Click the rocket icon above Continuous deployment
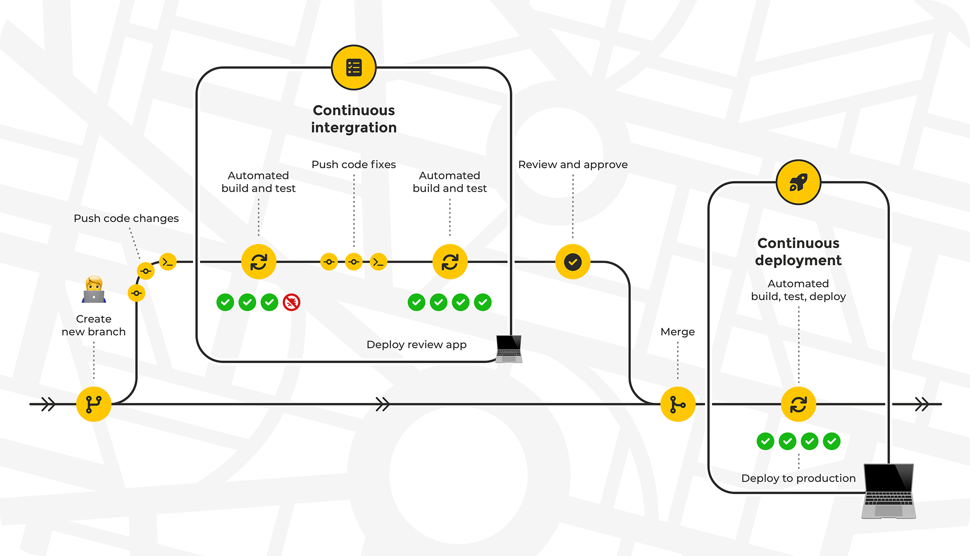(798, 182)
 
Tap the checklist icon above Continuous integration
(354, 68)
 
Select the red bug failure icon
(292, 302)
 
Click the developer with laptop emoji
(94, 290)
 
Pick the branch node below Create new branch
(94, 404)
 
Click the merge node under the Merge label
(678, 404)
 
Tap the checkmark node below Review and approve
(572, 262)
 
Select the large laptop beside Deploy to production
(888, 491)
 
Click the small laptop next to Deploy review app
(509, 349)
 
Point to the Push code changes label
(126, 218)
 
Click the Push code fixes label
(353, 165)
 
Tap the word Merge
(678, 332)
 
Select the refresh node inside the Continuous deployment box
(798, 404)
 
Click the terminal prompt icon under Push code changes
(167, 262)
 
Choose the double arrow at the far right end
(922, 404)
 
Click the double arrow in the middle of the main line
(383, 404)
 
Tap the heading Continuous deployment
(798, 252)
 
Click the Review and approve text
(572, 165)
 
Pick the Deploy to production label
(798, 478)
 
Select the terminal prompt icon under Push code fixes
(378, 262)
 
